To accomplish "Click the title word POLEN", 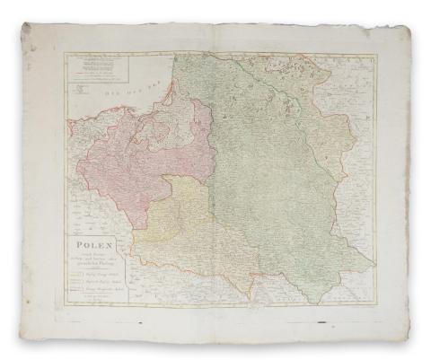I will (91, 242).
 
